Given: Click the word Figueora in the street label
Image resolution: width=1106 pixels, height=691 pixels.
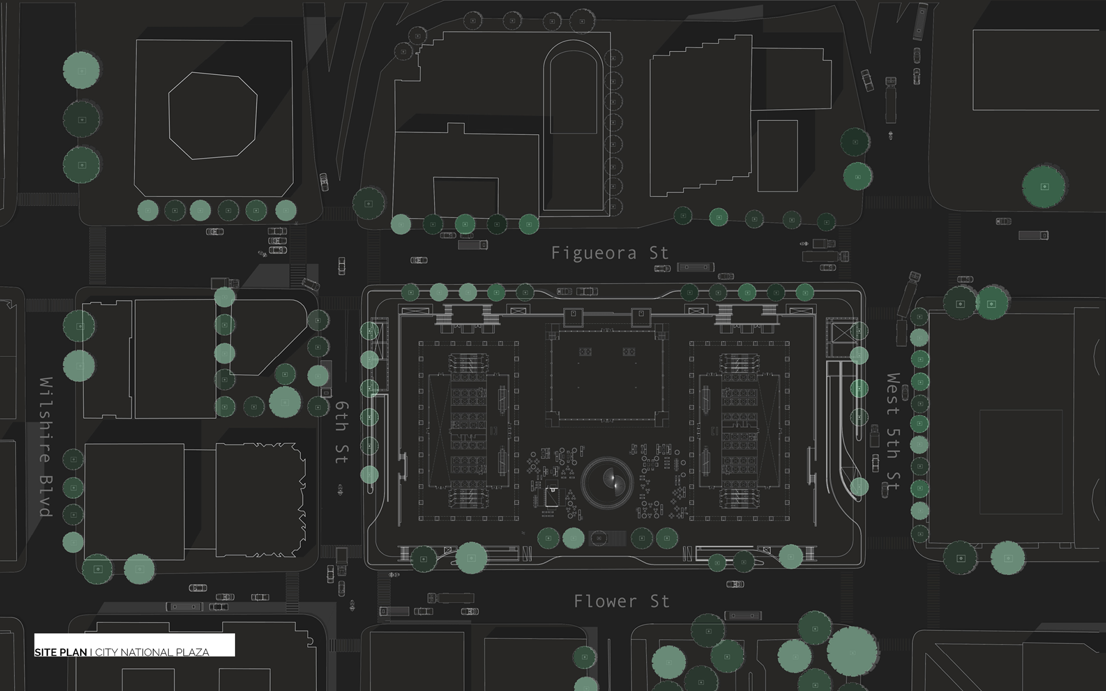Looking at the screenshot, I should click(593, 253).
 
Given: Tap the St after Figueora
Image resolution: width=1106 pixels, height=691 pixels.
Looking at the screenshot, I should click(658, 253).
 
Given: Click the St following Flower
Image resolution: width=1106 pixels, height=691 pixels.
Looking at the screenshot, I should click(660, 601).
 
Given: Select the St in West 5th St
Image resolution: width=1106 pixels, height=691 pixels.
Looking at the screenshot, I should click(892, 481).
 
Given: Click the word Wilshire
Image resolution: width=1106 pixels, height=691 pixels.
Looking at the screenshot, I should click(46, 420).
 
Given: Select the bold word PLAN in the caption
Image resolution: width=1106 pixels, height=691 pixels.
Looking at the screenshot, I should click(72, 652).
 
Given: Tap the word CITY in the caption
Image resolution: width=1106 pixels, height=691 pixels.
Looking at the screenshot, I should click(107, 652).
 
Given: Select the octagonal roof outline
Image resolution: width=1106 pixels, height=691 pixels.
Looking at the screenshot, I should click(212, 115).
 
